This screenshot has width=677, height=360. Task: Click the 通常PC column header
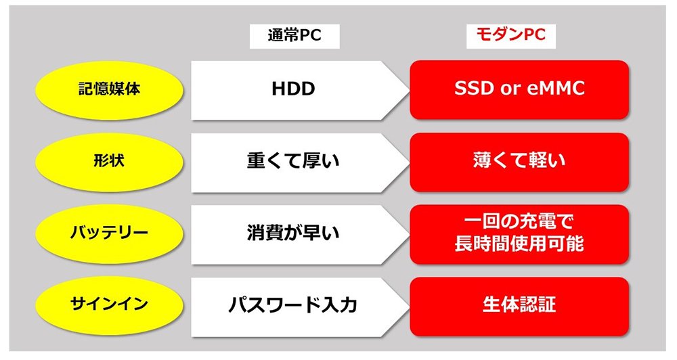tap(294, 36)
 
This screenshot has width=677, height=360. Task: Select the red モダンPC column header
tap(510, 35)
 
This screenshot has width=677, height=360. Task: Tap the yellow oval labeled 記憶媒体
tap(109, 90)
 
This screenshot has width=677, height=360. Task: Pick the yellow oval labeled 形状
tap(109, 162)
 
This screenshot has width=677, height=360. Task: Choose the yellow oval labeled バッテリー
tap(109, 233)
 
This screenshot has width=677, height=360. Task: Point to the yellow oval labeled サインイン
tap(109, 305)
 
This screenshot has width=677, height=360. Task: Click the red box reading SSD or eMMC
tap(519, 90)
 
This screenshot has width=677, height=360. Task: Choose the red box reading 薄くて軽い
tap(519, 162)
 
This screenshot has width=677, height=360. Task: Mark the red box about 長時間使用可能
tap(519, 234)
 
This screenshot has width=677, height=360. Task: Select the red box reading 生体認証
tap(519, 306)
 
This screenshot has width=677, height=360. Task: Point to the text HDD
tap(294, 89)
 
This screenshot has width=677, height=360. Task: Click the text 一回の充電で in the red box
tap(519, 223)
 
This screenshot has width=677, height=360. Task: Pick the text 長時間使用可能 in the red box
tap(519, 244)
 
